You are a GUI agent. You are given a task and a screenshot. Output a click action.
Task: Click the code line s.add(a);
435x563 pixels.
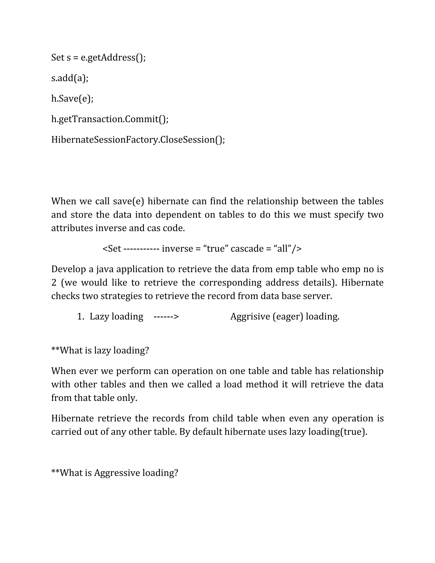click(x=70, y=78)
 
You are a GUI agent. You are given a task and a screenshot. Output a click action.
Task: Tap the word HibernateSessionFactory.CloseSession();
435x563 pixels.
click(x=138, y=140)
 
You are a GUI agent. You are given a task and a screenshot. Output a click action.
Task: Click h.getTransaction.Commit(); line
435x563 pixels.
click(x=110, y=119)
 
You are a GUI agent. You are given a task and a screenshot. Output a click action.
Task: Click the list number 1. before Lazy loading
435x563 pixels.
click(x=81, y=317)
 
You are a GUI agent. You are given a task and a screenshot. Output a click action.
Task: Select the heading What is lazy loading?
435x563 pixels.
click(x=100, y=350)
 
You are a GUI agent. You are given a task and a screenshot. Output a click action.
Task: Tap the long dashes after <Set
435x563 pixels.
click(x=141, y=249)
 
